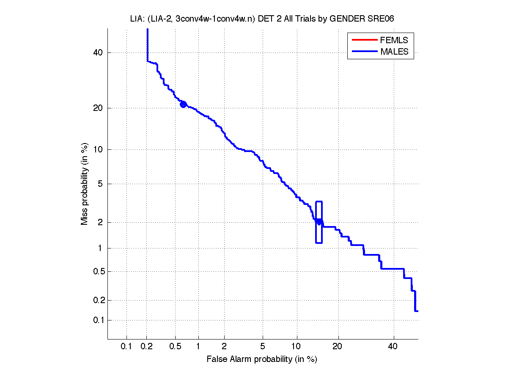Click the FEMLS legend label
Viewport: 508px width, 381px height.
pos(394,40)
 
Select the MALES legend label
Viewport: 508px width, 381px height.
pos(394,52)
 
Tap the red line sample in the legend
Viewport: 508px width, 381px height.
pos(364,40)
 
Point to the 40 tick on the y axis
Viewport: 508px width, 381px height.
pos(98,52)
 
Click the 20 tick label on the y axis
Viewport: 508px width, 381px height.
pos(98,108)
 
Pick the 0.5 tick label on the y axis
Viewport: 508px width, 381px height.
pos(96,271)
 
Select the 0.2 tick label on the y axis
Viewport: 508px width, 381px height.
pos(96,300)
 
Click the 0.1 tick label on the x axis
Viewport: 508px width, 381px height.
pos(126,347)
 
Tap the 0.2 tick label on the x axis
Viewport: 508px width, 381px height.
pos(147,347)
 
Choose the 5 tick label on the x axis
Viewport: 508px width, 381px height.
pos(263,347)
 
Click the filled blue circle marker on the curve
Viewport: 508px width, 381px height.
pos(183,104)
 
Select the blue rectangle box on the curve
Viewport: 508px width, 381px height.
pos(319,222)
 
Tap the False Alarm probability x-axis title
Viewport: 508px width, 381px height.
pos(262,359)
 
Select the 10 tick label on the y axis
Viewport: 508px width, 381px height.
pos(98,149)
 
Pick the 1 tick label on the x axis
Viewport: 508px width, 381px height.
pos(198,347)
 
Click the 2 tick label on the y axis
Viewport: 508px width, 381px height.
pos(100,222)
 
